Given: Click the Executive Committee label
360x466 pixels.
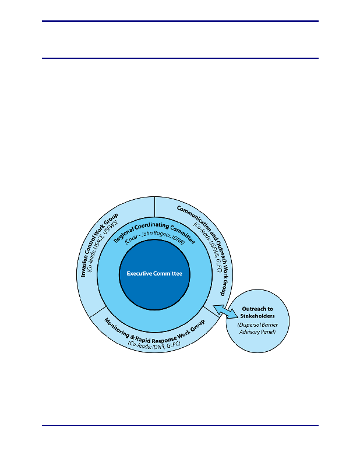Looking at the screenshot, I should coord(154,273).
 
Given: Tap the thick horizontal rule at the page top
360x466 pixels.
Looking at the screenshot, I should coord(180,22).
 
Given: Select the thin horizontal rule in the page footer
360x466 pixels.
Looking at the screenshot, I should coord(180,425).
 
